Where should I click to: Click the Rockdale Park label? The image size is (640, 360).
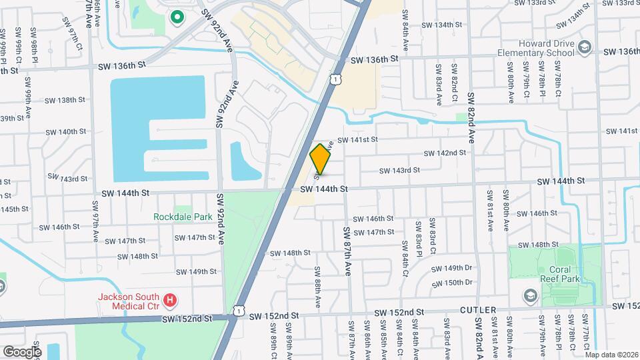(183, 217)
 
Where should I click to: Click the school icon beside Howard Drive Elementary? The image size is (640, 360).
(585, 46)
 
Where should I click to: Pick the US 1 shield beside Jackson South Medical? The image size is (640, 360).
(239, 311)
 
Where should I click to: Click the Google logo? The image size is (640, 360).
(22, 351)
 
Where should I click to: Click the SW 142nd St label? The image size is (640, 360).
(445, 153)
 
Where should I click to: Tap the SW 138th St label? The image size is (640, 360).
(65, 100)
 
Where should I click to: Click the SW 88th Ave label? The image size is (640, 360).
(317, 288)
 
